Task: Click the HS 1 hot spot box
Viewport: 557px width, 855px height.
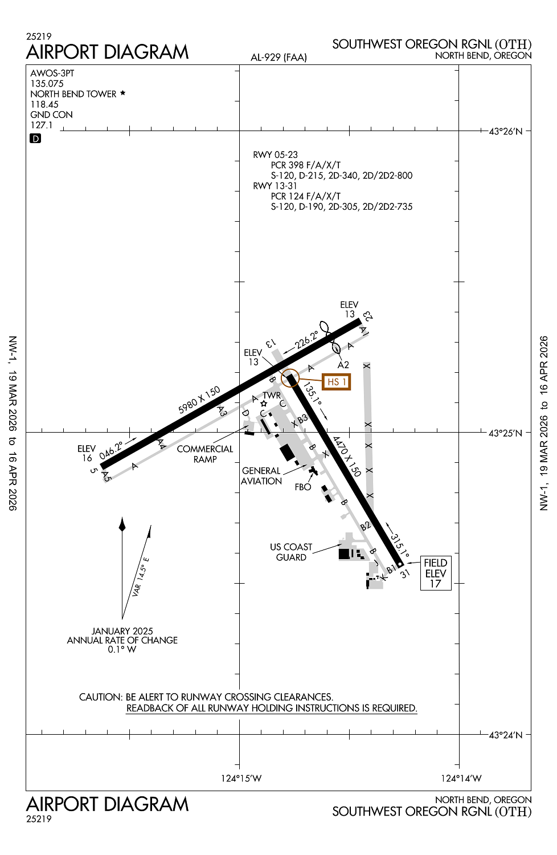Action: pos(337,382)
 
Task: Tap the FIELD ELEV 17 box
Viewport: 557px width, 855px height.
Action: pos(436,573)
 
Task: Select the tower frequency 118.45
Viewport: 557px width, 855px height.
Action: pos(44,104)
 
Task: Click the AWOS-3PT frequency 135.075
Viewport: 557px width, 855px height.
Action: pos(47,83)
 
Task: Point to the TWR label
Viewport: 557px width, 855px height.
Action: pos(272,395)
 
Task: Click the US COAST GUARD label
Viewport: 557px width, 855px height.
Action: pos(291,552)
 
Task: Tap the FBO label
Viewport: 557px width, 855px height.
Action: pos(303,487)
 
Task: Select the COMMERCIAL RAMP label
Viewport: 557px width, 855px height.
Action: pos(205,454)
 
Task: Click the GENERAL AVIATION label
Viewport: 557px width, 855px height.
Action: pos(261,476)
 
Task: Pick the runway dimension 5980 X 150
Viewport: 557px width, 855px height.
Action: pos(199,400)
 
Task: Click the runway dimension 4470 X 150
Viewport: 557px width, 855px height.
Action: pos(346,456)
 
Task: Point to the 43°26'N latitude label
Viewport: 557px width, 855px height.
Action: pos(506,132)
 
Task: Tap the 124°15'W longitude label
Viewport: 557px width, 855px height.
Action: pos(241,778)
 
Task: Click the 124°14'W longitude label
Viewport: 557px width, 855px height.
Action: pos(461,778)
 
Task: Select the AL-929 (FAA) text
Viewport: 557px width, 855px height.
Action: pos(278,57)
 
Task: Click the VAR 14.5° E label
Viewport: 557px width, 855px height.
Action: pos(140,577)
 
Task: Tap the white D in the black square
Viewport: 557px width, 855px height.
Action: pos(35,139)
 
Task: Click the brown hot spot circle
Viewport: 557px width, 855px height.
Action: pos(290,378)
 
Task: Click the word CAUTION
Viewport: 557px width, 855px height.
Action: pos(100,697)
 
